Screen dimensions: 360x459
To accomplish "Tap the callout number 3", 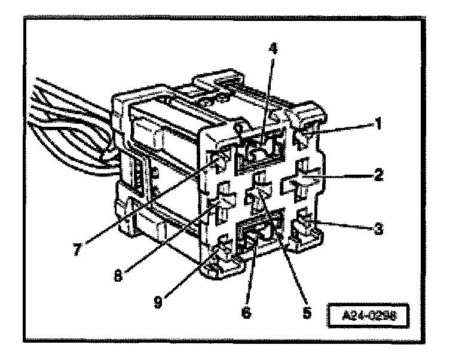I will point(379,229).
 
